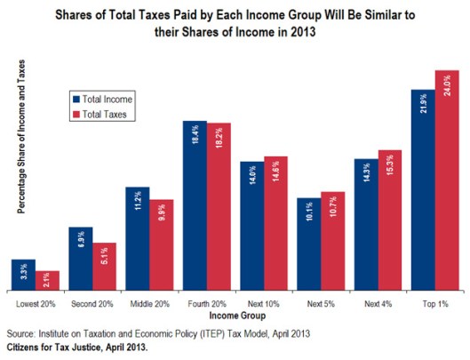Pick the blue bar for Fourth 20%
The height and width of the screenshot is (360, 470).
pyautogui.click(x=195, y=213)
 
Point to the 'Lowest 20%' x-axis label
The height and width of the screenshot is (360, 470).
pyautogui.click(x=36, y=305)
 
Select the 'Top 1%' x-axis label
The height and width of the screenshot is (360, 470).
pyautogui.click(x=434, y=305)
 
